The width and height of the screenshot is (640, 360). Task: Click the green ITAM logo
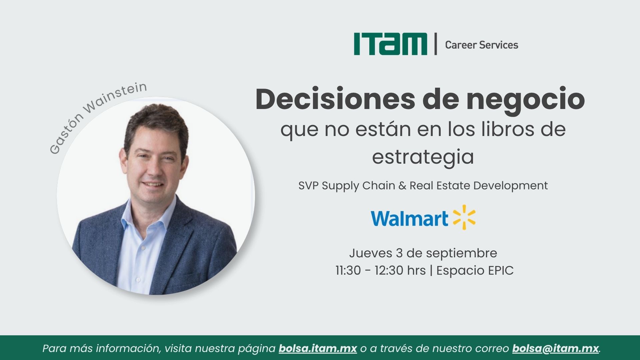click(x=390, y=44)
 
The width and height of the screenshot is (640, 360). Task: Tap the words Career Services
click(x=482, y=45)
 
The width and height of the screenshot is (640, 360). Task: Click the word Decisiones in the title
click(x=335, y=99)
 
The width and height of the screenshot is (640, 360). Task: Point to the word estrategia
click(x=423, y=157)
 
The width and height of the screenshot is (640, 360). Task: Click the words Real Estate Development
click(x=479, y=186)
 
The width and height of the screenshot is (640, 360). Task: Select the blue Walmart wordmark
click(x=409, y=218)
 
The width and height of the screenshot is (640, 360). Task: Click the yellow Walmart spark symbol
click(x=464, y=217)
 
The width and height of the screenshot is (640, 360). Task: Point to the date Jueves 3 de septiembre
click(x=423, y=253)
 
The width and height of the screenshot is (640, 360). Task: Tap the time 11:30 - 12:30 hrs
click(x=381, y=270)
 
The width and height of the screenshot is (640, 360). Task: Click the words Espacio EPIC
click(x=475, y=270)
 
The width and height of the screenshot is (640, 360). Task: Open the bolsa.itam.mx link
click(x=318, y=348)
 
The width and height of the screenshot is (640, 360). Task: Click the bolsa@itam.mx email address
click(x=556, y=348)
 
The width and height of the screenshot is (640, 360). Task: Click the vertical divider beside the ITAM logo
click(x=436, y=44)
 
